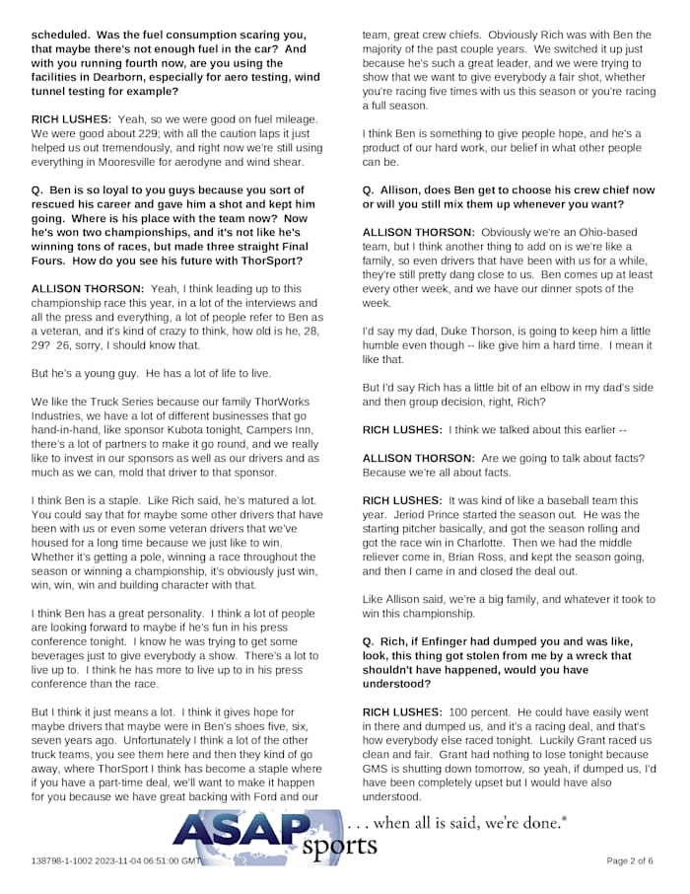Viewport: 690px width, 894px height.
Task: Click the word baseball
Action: pos(557,500)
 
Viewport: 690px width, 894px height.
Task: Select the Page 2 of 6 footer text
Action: pos(629,860)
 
